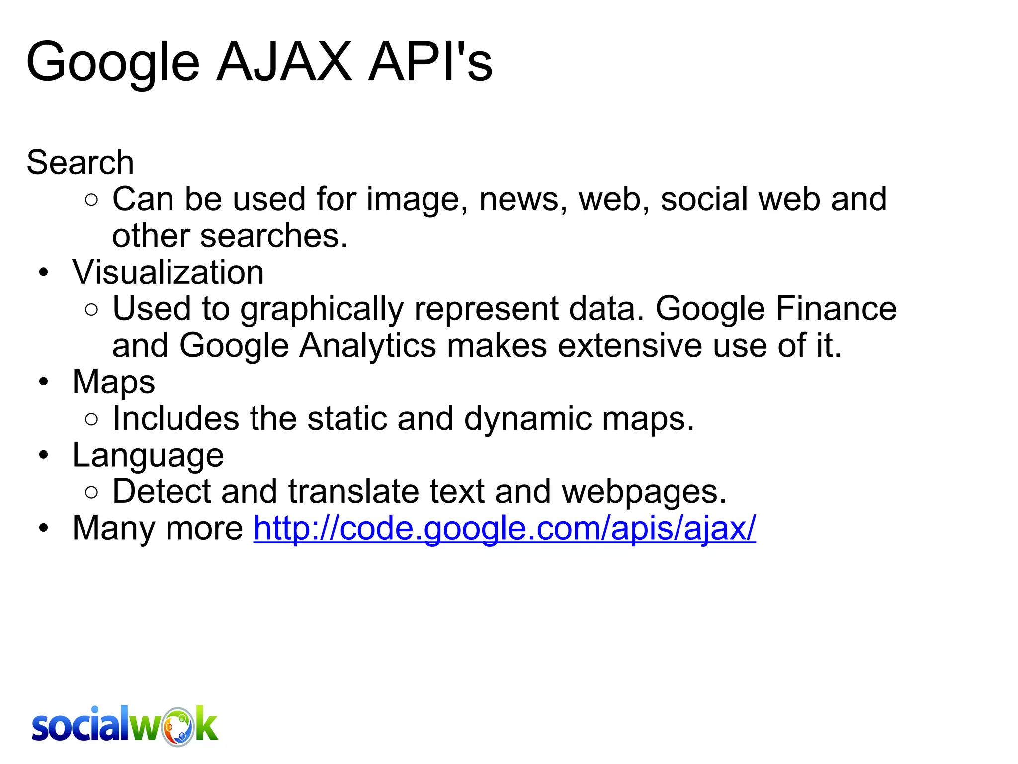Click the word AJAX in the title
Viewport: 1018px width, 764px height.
(x=284, y=62)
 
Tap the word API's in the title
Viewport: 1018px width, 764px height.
(x=430, y=62)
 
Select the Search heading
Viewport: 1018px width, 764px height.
(x=80, y=162)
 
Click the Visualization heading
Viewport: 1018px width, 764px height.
(x=168, y=272)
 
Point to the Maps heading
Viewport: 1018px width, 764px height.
(x=113, y=382)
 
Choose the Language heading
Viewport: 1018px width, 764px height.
(x=148, y=455)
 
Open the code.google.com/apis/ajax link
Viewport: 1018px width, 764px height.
(x=505, y=528)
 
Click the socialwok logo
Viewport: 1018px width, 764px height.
(x=125, y=726)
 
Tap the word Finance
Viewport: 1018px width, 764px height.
(x=836, y=309)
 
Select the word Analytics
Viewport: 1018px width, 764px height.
(x=367, y=345)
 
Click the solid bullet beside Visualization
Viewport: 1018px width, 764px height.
(x=44, y=273)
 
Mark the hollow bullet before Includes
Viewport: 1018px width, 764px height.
(x=91, y=419)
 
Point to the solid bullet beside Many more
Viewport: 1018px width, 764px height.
(x=44, y=528)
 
